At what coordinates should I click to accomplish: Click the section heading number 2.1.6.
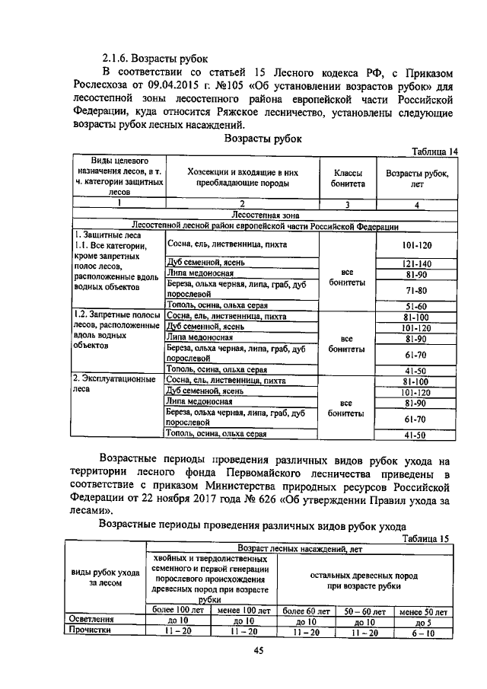(119, 57)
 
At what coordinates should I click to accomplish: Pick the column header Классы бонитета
(347, 178)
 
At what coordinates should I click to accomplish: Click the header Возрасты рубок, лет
(417, 178)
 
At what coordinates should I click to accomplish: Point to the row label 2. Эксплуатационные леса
(114, 384)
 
